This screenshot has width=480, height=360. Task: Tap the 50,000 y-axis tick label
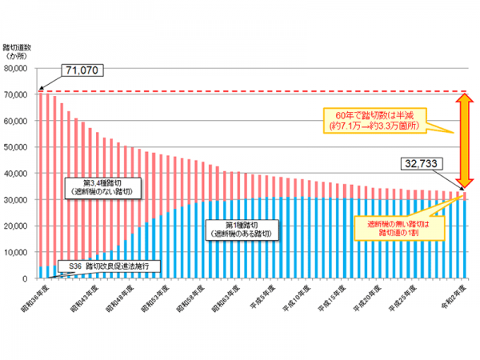(x=18, y=147)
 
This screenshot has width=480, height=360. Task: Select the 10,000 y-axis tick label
(x=18, y=252)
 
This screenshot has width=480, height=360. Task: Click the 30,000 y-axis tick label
(x=18, y=200)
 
